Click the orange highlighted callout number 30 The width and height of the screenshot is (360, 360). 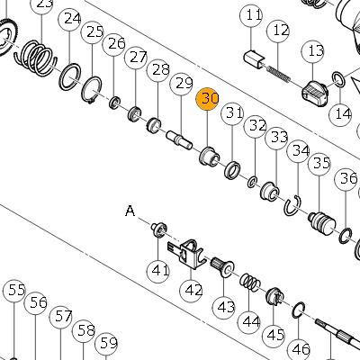[207, 99]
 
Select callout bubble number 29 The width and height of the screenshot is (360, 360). [182, 83]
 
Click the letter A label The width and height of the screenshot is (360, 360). [130, 211]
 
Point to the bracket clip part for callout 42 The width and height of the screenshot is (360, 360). [186, 254]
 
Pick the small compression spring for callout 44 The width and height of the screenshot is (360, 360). [249, 283]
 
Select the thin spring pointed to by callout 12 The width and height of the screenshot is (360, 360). [279, 74]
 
